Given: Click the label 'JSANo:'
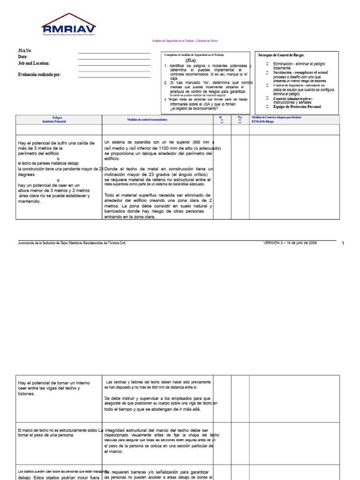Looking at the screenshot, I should click(x=25, y=51).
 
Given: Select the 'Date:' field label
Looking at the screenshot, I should click(x=23, y=57).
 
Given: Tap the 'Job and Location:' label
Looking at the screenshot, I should click(x=34, y=63).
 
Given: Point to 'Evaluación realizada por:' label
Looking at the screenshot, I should click(x=39, y=75).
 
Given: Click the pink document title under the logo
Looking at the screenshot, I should click(x=185, y=41).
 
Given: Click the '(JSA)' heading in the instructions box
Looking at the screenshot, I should click(x=190, y=60).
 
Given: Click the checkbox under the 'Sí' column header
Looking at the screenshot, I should click(x=222, y=121).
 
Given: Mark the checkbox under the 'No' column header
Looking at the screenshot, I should click(x=240, y=121).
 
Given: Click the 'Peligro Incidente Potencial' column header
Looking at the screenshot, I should click(x=54, y=120).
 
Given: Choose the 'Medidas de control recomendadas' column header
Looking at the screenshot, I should click(x=147, y=120).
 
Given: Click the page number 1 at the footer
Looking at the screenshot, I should click(x=343, y=244).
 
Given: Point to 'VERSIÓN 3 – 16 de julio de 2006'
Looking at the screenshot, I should click(x=290, y=243).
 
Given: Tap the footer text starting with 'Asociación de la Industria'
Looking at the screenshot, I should click(x=72, y=243).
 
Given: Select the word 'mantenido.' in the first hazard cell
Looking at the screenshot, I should click(x=30, y=202).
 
